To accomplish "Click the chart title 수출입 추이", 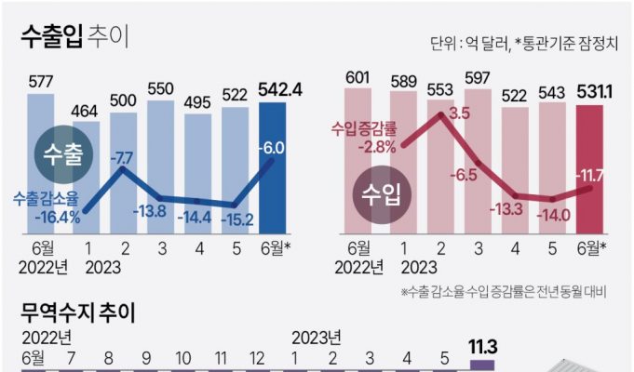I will (75, 37).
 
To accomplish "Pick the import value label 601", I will (359, 75).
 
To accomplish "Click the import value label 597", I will (477, 78).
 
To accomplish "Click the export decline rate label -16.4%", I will (44, 210).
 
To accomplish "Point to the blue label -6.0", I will (273, 146).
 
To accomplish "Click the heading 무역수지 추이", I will (78, 313).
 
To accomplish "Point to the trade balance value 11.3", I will (482, 348).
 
